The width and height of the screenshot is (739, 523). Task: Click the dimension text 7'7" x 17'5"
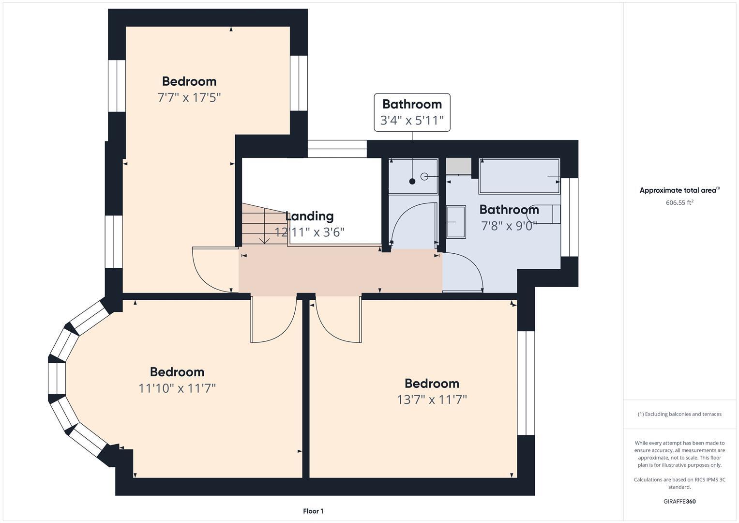pos(189,97)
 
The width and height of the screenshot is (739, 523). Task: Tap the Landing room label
pos(309,216)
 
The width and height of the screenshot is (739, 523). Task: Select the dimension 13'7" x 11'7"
pos(432,400)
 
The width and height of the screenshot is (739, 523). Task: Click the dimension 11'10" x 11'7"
pos(177,388)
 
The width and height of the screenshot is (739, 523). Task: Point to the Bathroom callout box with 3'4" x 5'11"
pos(412,112)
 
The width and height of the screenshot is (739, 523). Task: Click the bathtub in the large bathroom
pos(519,176)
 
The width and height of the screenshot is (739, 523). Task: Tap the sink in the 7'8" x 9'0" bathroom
pos(456,222)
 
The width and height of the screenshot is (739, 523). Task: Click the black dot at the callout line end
pos(412,182)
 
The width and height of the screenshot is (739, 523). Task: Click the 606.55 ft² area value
pos(679,203)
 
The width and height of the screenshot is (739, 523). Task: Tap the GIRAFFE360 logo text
pos(679,501)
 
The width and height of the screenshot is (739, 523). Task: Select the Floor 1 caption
pos(313,511)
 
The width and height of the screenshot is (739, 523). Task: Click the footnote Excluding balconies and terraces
pos(679,414)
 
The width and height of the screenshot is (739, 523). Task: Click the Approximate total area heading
pos(679,190)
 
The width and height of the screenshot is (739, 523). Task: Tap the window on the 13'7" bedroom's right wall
pos(526,383)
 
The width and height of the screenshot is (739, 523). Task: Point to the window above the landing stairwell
pos(337,149)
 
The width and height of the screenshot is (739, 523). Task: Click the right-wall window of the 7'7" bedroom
pos(299,83)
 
